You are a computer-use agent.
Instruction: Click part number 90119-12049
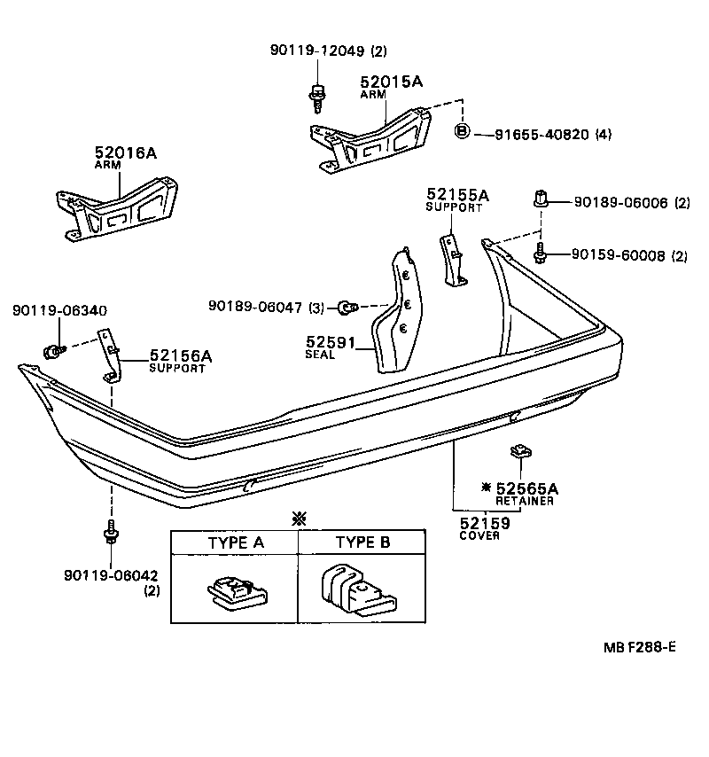click(x=316, y=51)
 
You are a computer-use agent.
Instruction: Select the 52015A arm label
click(x=391, y=82)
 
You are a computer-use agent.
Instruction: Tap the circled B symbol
click(x=461, y=133)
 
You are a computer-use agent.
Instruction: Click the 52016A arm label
click(x=125, y=153)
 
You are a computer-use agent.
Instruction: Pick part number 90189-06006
click(x=614, y=203)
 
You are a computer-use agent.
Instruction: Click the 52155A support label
click(x=457, y=195)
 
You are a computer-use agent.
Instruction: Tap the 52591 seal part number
click(x=325, y=341)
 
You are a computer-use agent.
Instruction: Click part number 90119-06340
click(x=59, y=310)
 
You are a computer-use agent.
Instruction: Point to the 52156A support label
click(x=180, y=355)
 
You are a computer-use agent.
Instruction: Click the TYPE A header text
click(x=235, y=542)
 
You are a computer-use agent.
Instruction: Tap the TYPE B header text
click(x=362, y=542)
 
